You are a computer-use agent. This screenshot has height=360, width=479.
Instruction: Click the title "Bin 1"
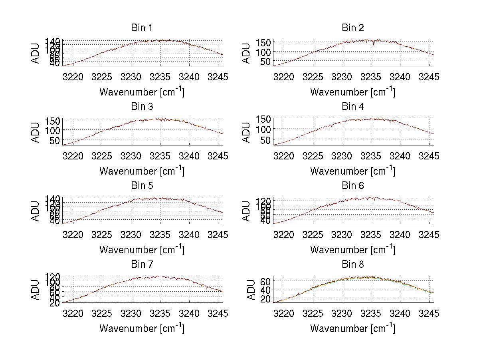142,28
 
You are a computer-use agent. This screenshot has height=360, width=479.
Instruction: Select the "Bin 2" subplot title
352,28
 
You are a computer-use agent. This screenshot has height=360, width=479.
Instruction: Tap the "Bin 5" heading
142,185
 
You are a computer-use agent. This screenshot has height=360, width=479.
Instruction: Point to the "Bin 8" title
352,264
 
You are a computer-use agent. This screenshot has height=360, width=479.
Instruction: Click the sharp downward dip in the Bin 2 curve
374,44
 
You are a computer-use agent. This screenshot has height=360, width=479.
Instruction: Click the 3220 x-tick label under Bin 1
73,77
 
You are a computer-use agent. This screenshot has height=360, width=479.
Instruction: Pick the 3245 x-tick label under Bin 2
429,77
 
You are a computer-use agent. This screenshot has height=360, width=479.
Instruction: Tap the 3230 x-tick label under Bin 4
342,155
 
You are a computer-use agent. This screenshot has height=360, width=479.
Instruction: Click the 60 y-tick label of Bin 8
265,281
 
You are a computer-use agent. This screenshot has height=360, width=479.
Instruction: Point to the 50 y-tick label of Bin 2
265,62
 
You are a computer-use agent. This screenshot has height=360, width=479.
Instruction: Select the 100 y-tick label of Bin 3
52,130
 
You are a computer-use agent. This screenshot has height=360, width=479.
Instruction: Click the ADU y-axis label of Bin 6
247,211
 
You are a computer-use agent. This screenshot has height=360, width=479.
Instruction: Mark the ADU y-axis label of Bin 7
36,290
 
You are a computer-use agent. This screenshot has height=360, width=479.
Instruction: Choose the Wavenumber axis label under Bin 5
142,249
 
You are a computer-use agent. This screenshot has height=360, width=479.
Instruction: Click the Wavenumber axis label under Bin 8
352,328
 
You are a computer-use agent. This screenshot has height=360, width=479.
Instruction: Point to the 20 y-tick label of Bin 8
265,299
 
